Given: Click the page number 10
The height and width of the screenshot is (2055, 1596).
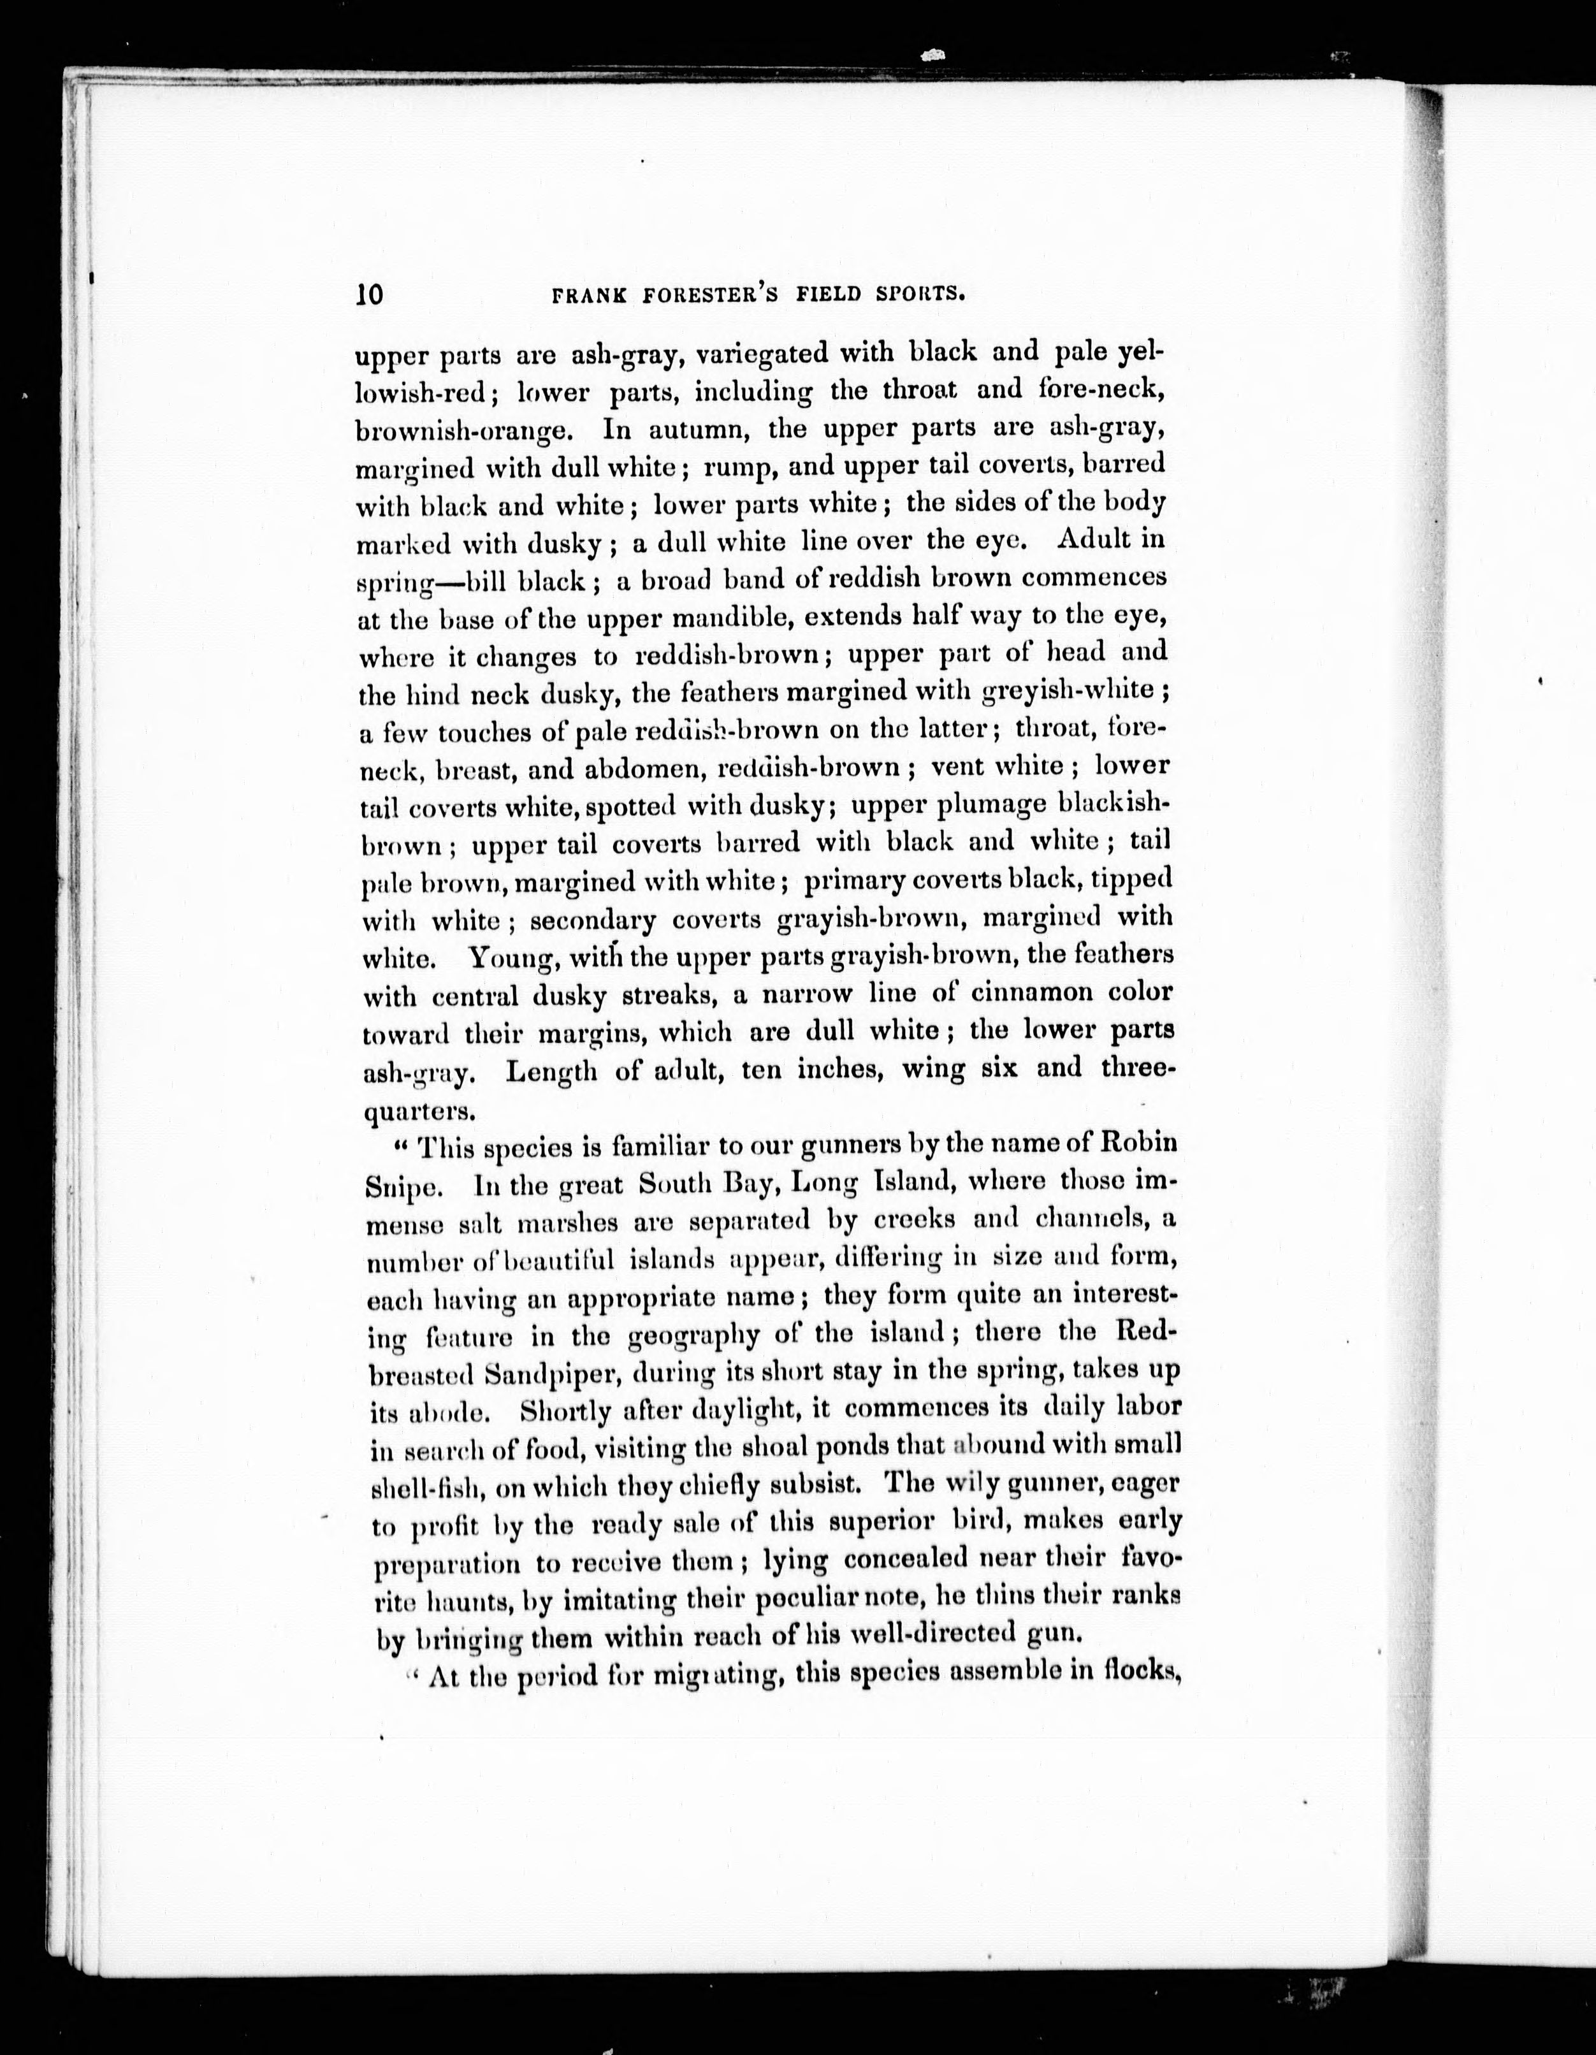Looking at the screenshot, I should click(x=370, y=294).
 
